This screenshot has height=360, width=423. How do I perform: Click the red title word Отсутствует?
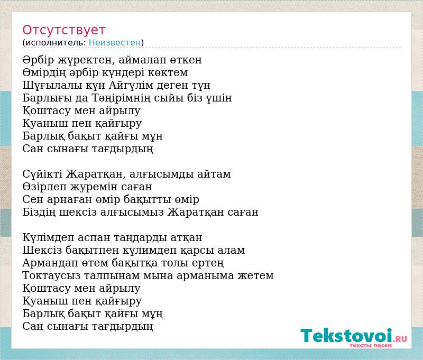pos(63,30)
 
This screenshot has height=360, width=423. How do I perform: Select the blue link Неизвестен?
pos(115,43)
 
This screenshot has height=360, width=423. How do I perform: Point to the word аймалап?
pos(142,60)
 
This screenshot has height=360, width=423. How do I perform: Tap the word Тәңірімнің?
pos(121,98)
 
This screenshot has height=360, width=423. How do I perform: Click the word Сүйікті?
pos(42,174)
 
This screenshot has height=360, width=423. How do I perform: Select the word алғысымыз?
pos(132,213)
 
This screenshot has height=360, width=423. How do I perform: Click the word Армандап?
pos(50,263)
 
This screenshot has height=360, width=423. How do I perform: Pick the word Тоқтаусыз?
pos(51,276)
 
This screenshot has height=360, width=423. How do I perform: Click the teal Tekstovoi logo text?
pos(346,336)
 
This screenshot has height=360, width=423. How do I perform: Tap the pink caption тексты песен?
pos(371,345)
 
